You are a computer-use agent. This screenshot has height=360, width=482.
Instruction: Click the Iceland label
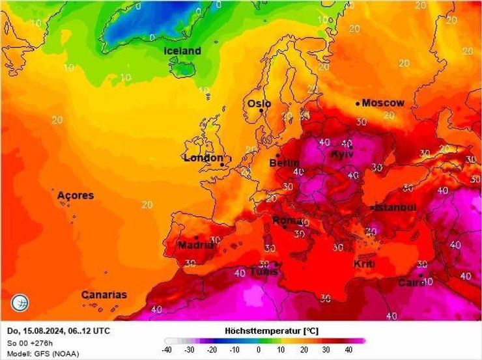[x=182, y=51]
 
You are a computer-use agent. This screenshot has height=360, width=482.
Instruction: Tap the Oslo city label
[x=259, y=104]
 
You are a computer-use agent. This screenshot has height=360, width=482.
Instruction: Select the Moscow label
[x=383, y=103]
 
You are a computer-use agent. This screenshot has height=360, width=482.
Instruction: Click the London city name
[x=203, y=158]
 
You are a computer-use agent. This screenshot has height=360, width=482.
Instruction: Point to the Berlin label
[x=284, y=163]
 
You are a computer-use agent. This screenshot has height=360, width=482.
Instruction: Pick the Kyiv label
[x=342, y=154]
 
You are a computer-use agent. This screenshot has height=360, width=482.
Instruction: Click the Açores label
[x=76, y=195]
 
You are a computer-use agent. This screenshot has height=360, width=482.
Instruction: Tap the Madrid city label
[x=195, y=245]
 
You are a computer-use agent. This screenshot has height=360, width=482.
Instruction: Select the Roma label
[x=287, y=221]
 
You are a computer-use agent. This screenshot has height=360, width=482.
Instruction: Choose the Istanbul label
[x=395, y=207]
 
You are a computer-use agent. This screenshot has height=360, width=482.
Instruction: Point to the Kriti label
[x=363, y=264]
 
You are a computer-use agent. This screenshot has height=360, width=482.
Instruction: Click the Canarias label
[x=104, y=295]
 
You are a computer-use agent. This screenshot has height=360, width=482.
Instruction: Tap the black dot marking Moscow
[x=358, y=103]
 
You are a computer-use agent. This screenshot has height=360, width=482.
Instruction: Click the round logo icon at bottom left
[x=20, y=303]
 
